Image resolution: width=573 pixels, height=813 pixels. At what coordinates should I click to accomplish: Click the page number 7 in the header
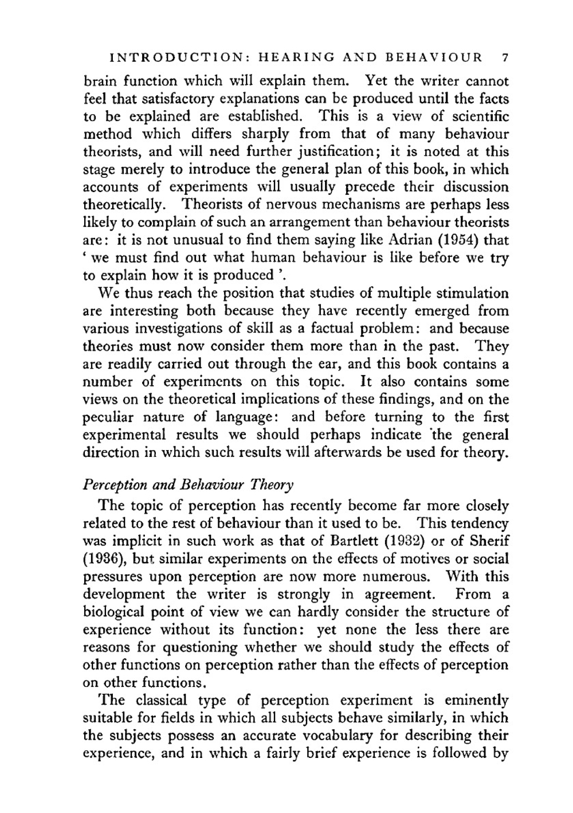[504, 58]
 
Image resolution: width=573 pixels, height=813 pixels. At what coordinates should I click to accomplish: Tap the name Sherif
[489, 541]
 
